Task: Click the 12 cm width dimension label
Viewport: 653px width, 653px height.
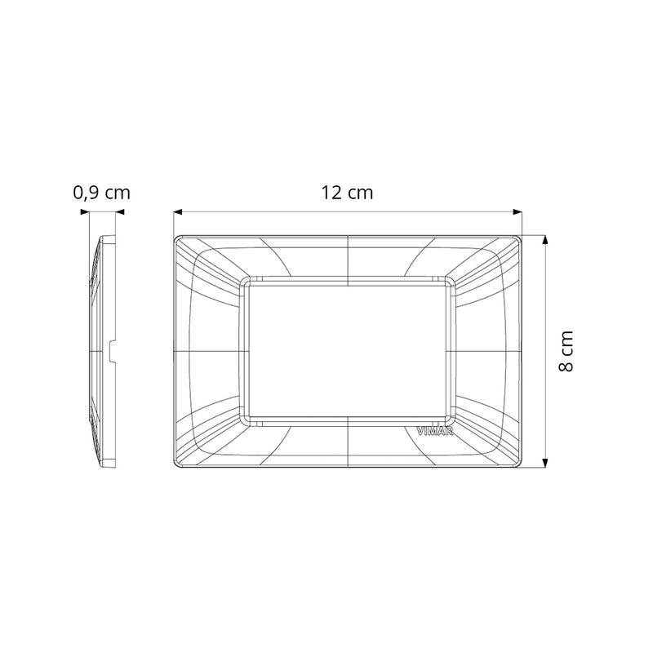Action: click(x=347, y=193)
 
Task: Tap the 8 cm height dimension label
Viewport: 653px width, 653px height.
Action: click(x=566, y=351)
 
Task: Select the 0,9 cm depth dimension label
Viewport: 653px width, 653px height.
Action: click(x=101, y=193)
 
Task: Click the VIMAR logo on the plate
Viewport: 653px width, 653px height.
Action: click(x=434, y=432)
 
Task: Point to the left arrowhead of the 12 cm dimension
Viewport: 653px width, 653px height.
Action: click(x=178, y=212)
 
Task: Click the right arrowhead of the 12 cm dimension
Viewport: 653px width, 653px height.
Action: click(x=518, y=212)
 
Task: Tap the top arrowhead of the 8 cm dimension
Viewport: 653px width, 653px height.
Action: click(x=544, y=240)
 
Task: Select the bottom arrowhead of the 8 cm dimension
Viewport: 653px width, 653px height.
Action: click(x=544, y=463)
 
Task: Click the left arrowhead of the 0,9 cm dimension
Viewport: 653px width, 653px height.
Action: click(x=85, y=212)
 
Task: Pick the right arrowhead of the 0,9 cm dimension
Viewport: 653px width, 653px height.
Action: click(x=120, y=212)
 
